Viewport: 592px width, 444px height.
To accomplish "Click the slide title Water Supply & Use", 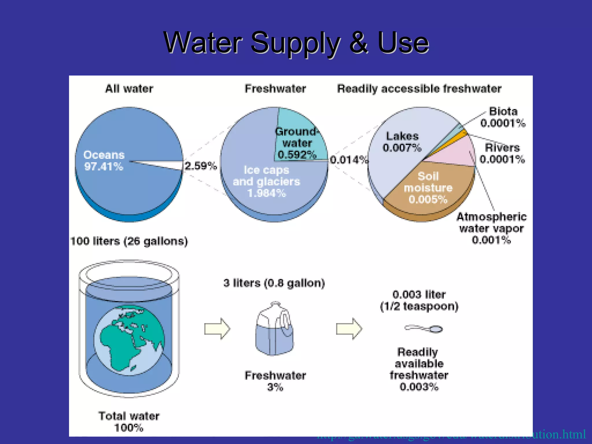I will (296, 43).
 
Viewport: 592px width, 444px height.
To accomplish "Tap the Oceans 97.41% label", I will (104, 161).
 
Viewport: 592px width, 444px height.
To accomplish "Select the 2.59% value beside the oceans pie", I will (201, 166).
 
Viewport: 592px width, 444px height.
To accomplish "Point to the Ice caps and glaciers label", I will (267, 181).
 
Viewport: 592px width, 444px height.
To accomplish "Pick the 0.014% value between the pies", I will (349, 160).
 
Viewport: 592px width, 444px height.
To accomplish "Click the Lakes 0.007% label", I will (402, 142).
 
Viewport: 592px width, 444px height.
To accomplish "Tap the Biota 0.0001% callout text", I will (503, 117).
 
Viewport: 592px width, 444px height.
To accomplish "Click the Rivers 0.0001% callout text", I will (502, 153).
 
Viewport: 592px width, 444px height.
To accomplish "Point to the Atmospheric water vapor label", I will (491, 228).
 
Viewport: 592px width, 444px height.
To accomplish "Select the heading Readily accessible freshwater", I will (419, 89).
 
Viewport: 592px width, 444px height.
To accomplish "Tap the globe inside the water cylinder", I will (129, 341).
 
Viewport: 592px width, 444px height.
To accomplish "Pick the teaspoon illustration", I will (424, 329).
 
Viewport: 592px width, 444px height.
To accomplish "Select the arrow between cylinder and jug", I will (217, 329).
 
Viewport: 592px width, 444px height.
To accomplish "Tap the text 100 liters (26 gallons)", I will (129, 241).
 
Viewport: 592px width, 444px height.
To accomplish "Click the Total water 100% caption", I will (129, 422).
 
